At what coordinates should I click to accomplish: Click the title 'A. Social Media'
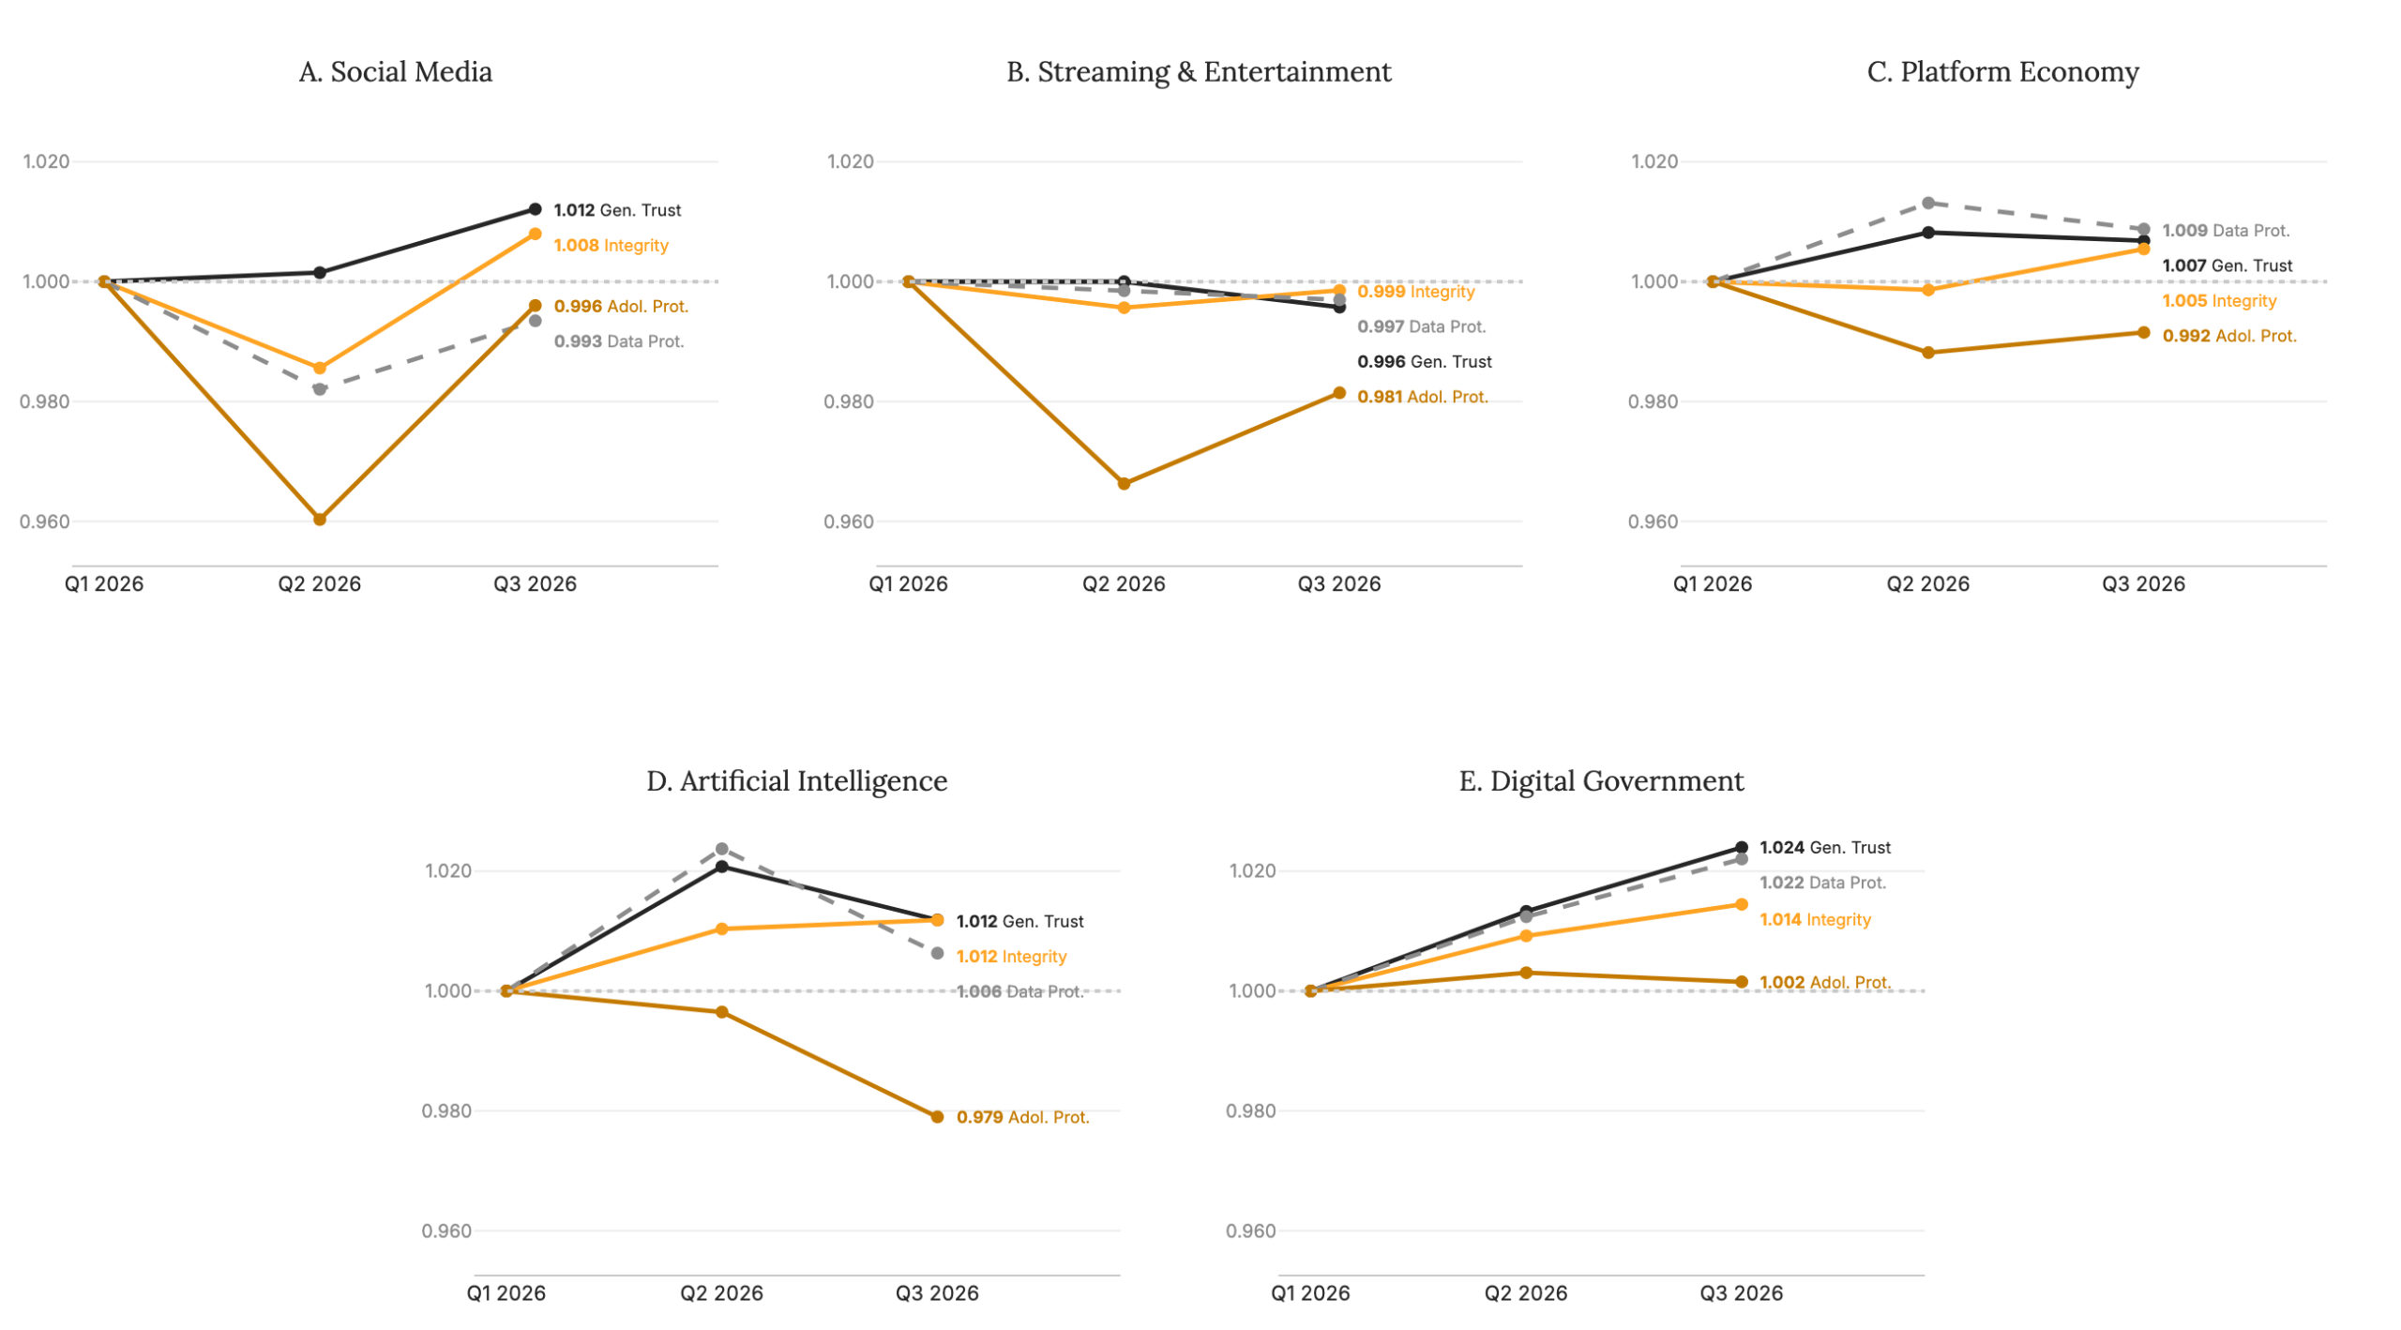coord(395,72)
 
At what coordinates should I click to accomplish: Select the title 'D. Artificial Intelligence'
coord(796,780)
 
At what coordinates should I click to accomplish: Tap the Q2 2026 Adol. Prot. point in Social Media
coord(319,519)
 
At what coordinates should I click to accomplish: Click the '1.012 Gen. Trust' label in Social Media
coord(617,210)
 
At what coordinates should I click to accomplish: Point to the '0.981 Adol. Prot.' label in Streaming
coord(1422,397)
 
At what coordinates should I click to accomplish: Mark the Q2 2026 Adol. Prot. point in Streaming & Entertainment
coord(1124,484)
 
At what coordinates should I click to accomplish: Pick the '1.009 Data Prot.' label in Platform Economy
coord(2226,231)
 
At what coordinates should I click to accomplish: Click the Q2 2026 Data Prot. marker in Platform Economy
coord(1927,203)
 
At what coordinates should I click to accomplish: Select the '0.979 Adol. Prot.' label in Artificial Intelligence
coord(1022,1117)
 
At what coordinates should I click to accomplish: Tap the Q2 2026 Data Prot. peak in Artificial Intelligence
coord(721,849)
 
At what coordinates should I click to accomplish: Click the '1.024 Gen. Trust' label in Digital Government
coord(1824,848)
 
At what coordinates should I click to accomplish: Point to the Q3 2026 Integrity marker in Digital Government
coord(1741,904)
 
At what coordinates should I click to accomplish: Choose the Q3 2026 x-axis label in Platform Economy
coord(2143,584)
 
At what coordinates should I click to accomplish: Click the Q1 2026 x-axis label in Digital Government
coord(1310,1293)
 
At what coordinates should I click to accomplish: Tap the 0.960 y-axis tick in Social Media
coord(45,521)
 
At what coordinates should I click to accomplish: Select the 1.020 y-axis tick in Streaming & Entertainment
coord(850,161)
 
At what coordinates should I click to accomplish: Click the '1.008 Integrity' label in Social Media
coord(611,246)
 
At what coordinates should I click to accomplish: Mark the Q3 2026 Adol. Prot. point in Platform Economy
coord(2143,332)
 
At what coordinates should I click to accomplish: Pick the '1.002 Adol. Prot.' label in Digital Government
coord(1824,983)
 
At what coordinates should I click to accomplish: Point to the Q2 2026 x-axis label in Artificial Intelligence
coord(721,1293)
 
